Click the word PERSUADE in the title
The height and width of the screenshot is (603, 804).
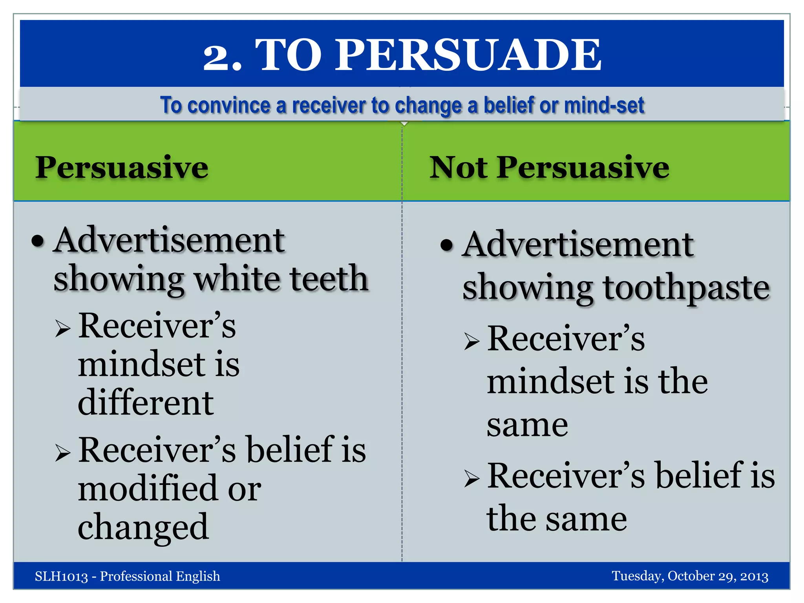coord(468,55)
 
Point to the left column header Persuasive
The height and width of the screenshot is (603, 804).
coord(122,168)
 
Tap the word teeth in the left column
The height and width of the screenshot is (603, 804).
coord(329,278)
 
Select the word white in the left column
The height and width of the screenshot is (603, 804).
coord(237,278)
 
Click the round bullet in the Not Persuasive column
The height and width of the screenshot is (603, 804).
coord(447,245)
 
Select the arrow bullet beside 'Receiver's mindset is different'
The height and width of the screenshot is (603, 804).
coord(63,328)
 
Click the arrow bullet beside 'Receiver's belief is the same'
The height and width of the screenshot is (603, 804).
coord(471,478)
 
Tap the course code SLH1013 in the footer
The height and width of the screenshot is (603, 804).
coord(61,576)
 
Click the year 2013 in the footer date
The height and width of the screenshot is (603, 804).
coord(754,576)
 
